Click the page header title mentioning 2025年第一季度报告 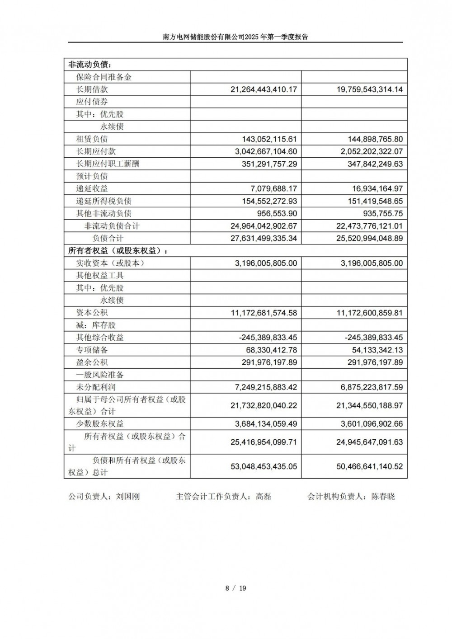point(235,38)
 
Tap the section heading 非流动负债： point(90,65)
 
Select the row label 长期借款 point(92,89)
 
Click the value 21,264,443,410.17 point(264,89)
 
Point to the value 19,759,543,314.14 point(369,89)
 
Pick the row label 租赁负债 point(92,139)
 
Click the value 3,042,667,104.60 point(266,151)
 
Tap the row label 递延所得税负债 point(104,201)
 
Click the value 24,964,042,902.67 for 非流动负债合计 point(264,226)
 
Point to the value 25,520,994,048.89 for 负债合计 point(369,238)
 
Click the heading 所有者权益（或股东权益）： point(120,251)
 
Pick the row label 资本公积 point(92,313)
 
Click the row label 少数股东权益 point(100,424)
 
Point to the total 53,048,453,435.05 point(264,466)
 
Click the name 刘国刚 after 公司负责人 point(128,497)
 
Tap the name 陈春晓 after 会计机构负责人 point(383,497)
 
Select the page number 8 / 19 point(235,588)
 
